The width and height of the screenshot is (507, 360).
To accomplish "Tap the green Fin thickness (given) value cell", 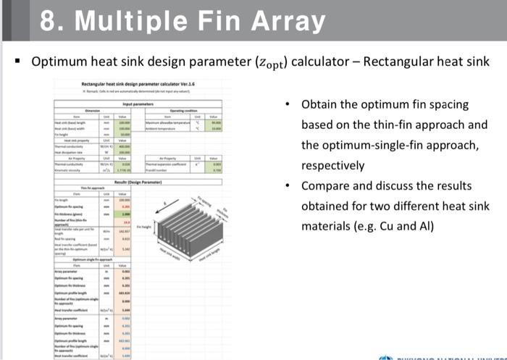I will (126, 216).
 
